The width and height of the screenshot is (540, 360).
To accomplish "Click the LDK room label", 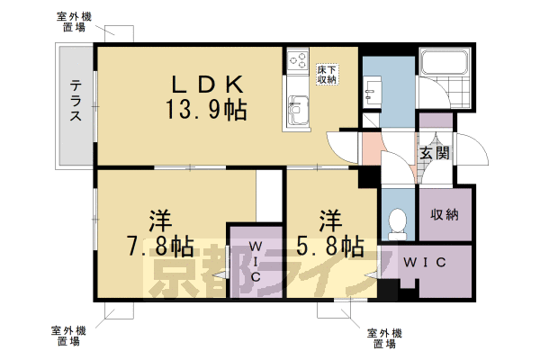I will click(x=209, y=85).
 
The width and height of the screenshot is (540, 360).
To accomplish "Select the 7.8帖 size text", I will click(x=158, y=245).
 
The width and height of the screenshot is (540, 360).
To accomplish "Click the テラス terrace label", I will click(x=76, y=102).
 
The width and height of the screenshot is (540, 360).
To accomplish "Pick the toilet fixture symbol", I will click(x=395, y=220).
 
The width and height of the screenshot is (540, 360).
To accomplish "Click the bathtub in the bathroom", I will click(x=445, y=65).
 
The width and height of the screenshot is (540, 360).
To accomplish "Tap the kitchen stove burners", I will click(x=297, y=62).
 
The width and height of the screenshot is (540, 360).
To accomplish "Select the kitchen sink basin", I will click(x=297, y=112).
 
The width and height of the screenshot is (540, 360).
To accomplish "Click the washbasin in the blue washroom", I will click(x=372, y=89).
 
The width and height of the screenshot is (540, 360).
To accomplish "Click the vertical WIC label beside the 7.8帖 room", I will click(x=255, y=261).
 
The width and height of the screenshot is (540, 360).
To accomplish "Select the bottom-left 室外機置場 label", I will click(x=68, y=337).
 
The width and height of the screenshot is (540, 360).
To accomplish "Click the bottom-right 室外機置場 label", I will click(x=384, y=338).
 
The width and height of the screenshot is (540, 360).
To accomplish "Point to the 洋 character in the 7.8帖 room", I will click(x=160, y=219).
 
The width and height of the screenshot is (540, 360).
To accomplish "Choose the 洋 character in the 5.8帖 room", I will click(x=328, y=219).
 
